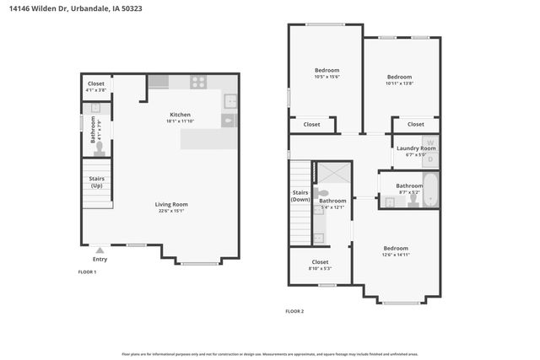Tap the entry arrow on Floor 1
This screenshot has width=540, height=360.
[x=100, y=250]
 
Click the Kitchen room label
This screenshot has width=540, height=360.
[x=180, y=116]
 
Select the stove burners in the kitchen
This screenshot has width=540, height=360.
[x=198, y=82]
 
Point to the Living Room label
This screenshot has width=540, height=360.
[x=170, y=205]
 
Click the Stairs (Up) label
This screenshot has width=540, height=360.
[x=96, y=182]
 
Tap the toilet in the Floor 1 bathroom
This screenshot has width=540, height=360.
[x=99, y=148]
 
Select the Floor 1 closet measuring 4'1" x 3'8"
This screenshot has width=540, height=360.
[x=96, y=86]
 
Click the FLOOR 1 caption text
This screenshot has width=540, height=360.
[x=87, y=272]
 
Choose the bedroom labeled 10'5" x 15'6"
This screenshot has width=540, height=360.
[x=327, y=73]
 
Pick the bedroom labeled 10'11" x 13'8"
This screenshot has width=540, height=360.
[x=400, y=78]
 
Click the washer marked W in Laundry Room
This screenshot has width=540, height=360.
[x=429, y=142]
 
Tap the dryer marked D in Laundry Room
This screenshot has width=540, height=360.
[x=429, y=158]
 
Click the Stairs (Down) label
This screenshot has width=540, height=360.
[x=300, y=196]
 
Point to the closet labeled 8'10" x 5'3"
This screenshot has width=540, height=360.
[x=320, y=265]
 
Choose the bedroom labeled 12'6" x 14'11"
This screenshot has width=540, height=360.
[x=395, y=251]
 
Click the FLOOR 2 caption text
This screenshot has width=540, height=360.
[x=294, y=311]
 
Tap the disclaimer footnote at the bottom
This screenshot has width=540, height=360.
[x=269, y=354]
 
